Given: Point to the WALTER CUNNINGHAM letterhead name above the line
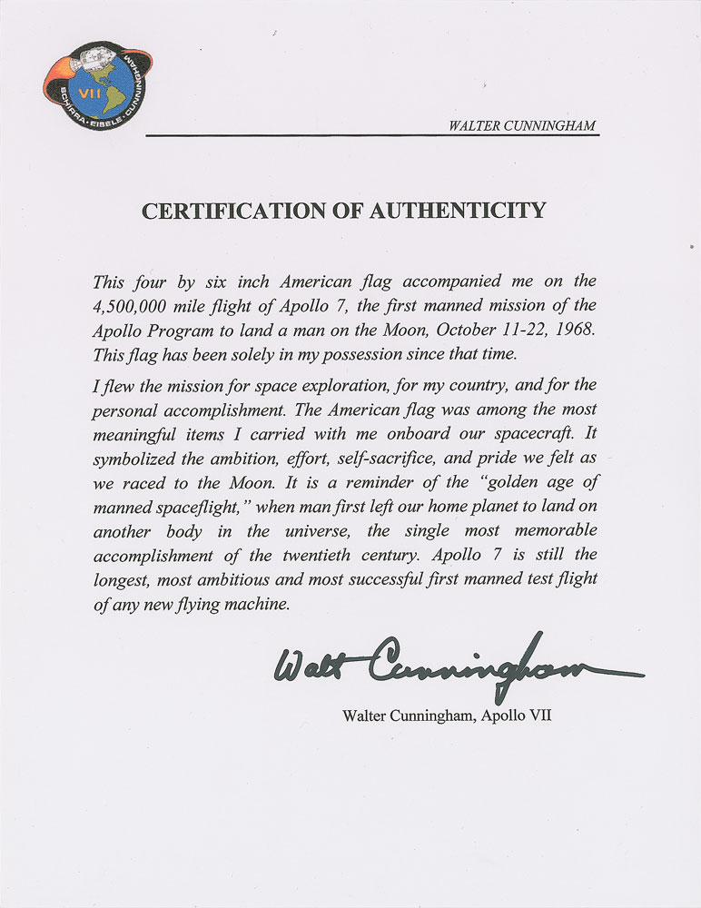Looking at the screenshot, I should coord(522,125).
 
